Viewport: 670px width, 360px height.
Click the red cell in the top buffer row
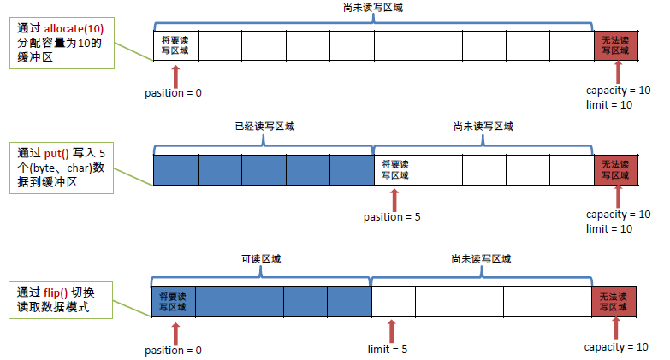[x=615, y=45]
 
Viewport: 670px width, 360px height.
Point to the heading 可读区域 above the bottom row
[x=261, y=258]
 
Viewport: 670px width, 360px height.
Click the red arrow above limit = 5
[x=392, y=331]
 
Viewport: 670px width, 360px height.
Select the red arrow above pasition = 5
[x=394, y=199]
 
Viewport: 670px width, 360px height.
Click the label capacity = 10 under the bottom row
[x=617, y=347]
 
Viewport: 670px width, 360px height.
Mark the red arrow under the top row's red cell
[x=618, y=72]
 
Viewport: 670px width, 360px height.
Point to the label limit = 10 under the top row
[x=609, y=104]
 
